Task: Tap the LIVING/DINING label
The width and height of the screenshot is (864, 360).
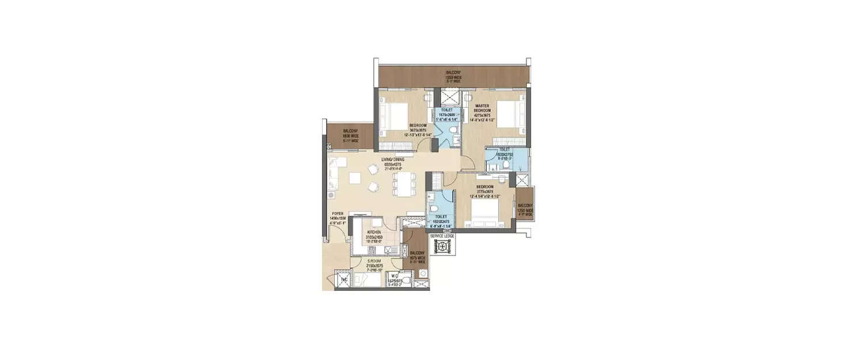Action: pos(392,160)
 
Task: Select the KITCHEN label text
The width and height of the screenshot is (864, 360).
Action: pos(374,232)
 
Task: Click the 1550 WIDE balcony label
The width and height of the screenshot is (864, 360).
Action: pos(453,75)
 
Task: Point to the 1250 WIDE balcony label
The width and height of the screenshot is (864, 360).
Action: pos(525,209)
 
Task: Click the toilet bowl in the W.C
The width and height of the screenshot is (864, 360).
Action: pos(406,281)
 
